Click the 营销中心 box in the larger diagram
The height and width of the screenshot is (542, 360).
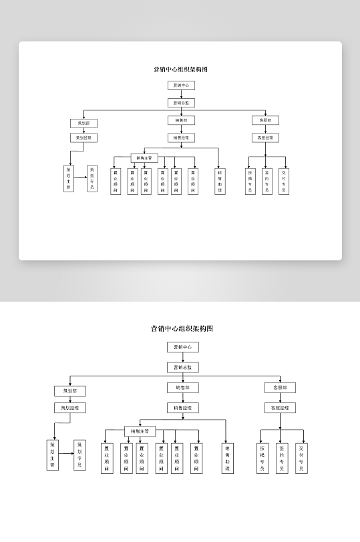click(x=182, y=347)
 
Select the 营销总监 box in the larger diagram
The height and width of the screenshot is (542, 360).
click(x=182, y=367)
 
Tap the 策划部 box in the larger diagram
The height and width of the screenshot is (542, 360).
click(x=70, y=390)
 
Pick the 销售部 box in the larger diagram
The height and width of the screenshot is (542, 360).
click(x=182, y=388)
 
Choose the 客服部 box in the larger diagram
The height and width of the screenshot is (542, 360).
click(x=280, y=388)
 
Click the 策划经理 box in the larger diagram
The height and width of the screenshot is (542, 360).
click(x=70, y=407)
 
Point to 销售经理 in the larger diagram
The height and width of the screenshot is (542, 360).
click(x=182, y=407)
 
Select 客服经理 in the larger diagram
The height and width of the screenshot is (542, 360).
click(x=280, y=407)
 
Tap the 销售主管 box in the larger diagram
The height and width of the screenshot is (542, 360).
click(x=140, y=431)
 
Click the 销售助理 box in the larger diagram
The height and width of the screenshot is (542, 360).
click(x=228, y=458)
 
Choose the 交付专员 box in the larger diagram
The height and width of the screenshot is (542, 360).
click(x=301, y=458)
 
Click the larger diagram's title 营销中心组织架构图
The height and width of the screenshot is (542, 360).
click(x=182, y=328)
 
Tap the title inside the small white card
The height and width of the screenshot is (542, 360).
click(x=180, y=69)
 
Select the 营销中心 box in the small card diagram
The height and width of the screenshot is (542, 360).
click(x=180, y=85)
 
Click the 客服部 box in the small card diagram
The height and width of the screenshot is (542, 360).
click(x=265, y=120)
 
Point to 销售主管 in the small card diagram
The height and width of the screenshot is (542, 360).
click(x=144, y=158)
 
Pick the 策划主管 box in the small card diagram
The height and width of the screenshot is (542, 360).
click(x=68, y=178)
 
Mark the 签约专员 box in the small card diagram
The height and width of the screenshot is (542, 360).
click(x=266, y=180)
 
